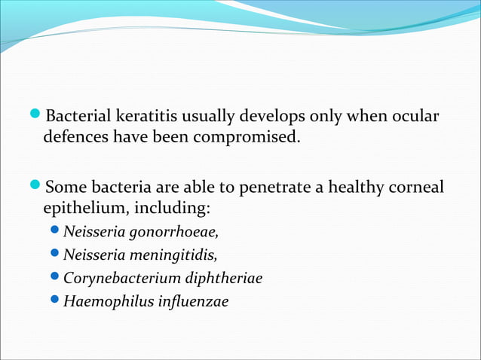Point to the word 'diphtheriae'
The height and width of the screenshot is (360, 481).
pos(221,278)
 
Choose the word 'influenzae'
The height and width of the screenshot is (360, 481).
pos(190,301)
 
